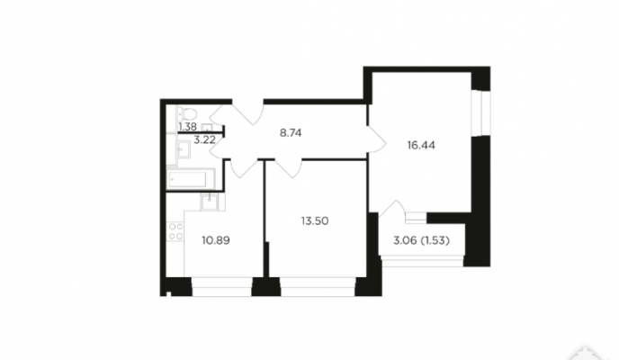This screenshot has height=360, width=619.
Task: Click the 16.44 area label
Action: pos(421,145)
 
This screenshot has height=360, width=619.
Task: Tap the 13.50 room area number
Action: pos(315,221)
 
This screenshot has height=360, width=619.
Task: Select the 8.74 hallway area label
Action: pos(291,133)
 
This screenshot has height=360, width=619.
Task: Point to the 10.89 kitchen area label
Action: pos(216,240)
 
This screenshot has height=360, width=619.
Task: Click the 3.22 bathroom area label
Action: pos(204,139)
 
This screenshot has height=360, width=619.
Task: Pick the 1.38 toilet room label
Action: pos(187,127)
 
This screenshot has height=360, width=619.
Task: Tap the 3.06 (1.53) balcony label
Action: pos(421,240)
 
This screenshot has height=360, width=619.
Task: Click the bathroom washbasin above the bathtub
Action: pos(183,149)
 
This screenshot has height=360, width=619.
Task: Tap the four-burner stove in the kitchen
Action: pos(175,231)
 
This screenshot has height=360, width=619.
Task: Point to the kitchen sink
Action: pos(209,202)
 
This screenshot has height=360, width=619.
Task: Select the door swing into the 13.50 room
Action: pos(289,167)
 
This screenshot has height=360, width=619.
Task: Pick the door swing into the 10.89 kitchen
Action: pos(242,167)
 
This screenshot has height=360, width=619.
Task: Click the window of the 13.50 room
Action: pos(318,286)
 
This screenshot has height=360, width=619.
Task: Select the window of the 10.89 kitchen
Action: pos(221,286)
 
